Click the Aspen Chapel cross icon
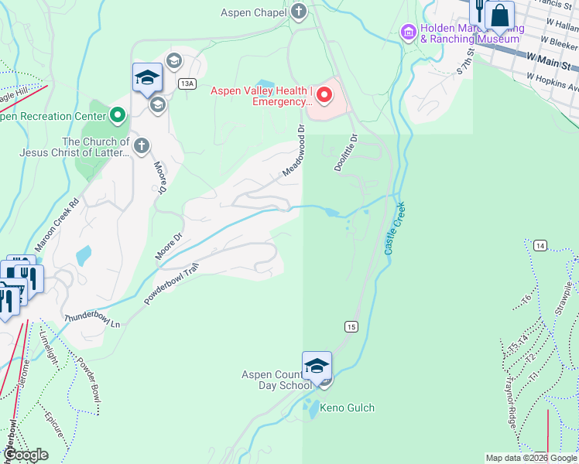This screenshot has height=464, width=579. click(x=299, y=12)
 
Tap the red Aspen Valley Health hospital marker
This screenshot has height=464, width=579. click(x=323, y=96)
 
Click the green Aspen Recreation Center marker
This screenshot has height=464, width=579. click(x=118, y=116)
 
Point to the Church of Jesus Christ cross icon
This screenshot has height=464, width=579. click(x=141, y=145)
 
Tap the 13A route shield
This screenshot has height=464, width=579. click(x=186, y=83)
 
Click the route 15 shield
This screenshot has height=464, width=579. click(x=351, y=327)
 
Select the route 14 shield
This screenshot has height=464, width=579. click(x=540, y=245)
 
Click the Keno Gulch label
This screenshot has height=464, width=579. click(x=347, y=408)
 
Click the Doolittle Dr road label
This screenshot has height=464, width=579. click(x=345, y=153)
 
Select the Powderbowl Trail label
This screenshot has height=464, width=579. click(x=172, y=281)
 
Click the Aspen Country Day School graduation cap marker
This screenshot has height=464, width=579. click(x=317, y=366)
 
